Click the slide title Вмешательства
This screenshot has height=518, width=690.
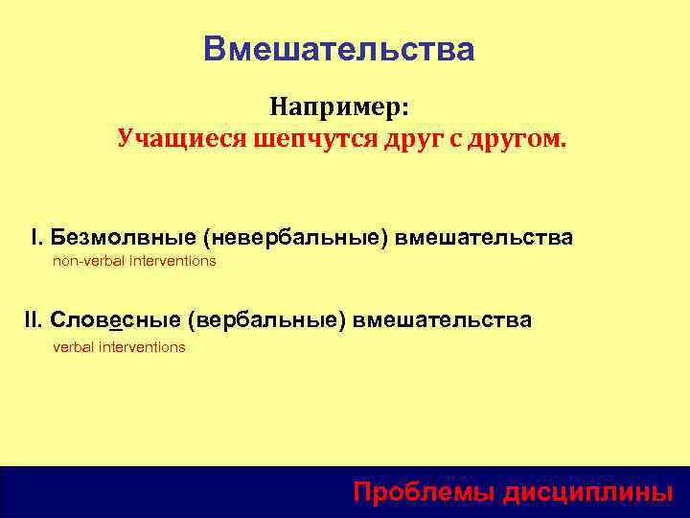(338, 50)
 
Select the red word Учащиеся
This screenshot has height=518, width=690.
(182, 139)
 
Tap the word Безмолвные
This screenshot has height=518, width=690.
(121, 237)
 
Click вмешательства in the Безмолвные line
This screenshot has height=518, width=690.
(485, 237)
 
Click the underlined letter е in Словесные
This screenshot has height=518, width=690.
(116, 320)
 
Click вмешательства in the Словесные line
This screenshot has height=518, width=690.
(442, 319)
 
